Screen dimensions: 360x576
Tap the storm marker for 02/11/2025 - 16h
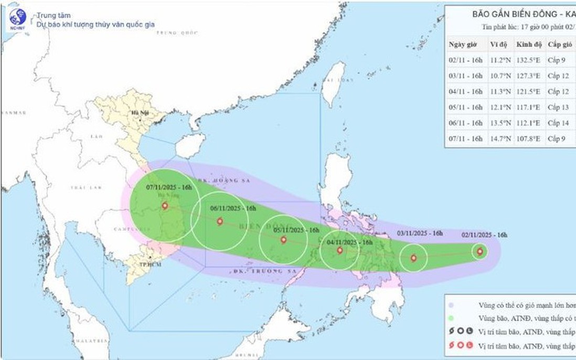(x=479, y=252)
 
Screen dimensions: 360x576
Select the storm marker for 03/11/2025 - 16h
(x=413, y=258)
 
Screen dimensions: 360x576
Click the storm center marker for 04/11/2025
(x=340, y=250)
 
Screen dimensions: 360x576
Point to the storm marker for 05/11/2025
(x=284, y=240)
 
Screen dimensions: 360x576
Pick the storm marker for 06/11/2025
(x=220, y=221)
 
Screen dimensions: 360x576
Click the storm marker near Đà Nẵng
(x=165, y=206)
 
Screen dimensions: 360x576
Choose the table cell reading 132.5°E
(x=528, y=60)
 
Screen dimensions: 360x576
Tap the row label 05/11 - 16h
(x=466, y=107)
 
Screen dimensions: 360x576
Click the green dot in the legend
(x=451, y=317)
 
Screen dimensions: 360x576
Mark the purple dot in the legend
(x=451, y=304)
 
